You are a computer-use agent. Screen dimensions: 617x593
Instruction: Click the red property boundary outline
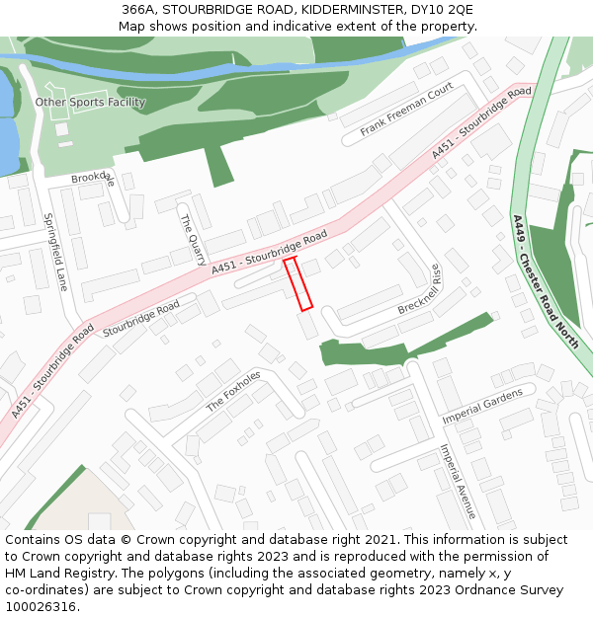pos(298,284)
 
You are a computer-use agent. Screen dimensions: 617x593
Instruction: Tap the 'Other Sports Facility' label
pos(90,102)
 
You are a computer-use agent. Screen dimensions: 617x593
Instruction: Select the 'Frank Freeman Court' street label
pos(406,110)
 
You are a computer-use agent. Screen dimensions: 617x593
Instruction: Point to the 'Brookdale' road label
pos(93,179)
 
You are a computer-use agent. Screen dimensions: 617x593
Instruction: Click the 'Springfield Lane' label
pos(55,252)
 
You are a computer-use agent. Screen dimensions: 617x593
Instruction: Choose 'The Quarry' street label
pos(193,237)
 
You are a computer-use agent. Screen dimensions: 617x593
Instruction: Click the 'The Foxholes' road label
pos(233,392)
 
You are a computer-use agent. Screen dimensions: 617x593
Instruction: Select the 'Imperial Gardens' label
pos(482,406)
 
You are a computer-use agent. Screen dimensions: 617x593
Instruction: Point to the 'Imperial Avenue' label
pos(458,481)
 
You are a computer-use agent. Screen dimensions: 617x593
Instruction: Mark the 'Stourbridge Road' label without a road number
pos(141,317)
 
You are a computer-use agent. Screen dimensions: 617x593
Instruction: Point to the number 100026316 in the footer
pos(41,606)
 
